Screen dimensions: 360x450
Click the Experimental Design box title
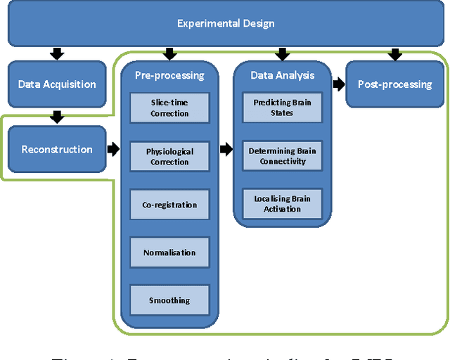pyautogui.click(x=225, y=24)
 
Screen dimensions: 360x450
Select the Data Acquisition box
pyautogui.click(x=57, y=84)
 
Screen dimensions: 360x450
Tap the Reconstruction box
pyautogui.click(x=57, y=149)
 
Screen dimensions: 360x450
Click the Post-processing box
pyautogui.click(x=394, y=84)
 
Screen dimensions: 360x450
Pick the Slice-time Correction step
pyautogui.click(x=169, y=108)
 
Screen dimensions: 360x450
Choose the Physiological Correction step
pyautogui.click(x=169, y=157)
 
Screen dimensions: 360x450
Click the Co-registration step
pyautogui.click(x=169, y=205)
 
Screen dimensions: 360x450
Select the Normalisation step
pyautogui.click(x=169, y=252)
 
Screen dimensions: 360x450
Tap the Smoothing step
pyautogui.click(x=169, y=300)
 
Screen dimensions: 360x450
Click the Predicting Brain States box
pyautogui.click(x=282, y=108)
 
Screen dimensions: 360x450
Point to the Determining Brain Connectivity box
pyautogui.click(x=282, y=156)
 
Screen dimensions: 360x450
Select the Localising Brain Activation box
pyautogui.click(x=282, y=204)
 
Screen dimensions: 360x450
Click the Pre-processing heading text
pyautogui.click(x=169, y=75)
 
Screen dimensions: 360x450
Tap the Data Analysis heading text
pyautogui.click(x=282, y=75)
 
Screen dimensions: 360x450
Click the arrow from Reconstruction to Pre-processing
pyautogui.click(x=113, y=149)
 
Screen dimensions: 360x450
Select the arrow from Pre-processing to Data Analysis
pyautogui.click(x=226, y=149)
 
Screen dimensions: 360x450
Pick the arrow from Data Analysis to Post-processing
pyautogui.click(x=339, y=84)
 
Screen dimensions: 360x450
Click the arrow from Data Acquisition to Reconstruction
pyautogui.click(x=57, y=117)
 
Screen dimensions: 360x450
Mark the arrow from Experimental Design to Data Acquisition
pyautogui.click(x=57, y=53)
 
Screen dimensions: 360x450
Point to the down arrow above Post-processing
pyautogui.click(x=394, y=53)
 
